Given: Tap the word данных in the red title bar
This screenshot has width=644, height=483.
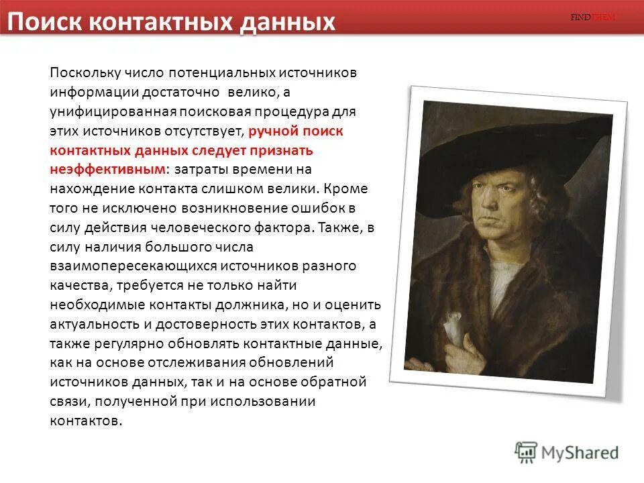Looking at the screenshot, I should (x=288, y=22).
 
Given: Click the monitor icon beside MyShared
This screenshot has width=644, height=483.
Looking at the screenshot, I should (x=526, y=451).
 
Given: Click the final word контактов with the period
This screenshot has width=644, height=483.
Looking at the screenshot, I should (x=87, y=421).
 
